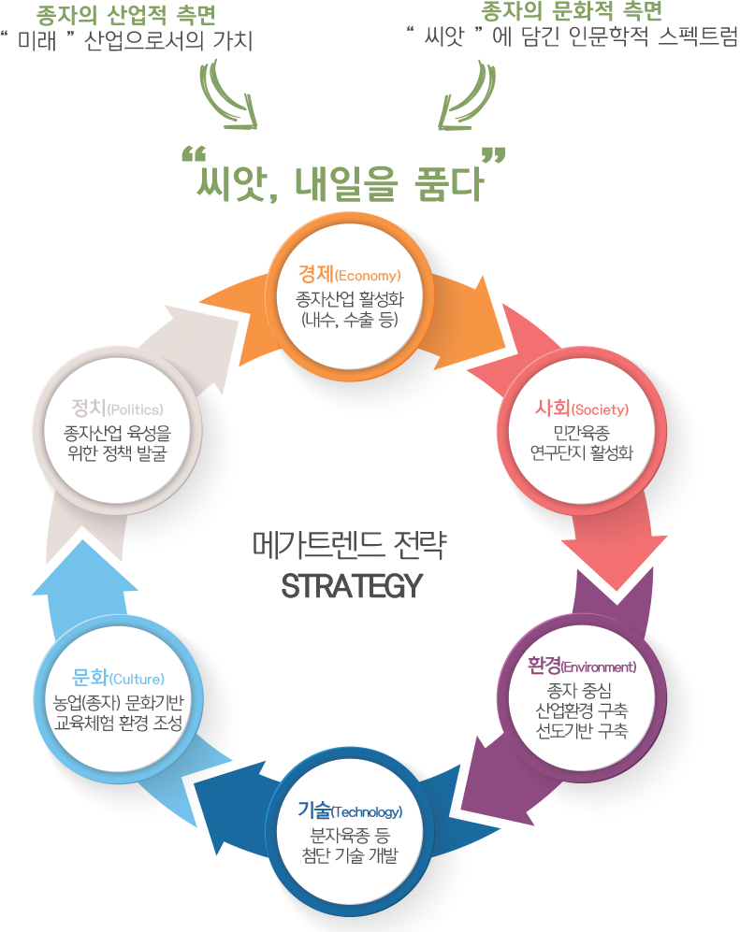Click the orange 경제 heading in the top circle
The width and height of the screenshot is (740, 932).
[x=316, y=274]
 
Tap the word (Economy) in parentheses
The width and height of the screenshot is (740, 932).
[x=368, y=276]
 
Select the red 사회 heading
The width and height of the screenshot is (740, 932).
[x=552, y=408]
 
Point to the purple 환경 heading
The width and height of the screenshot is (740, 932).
[x=544, y=666]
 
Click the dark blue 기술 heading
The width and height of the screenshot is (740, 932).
[x=314, y=810]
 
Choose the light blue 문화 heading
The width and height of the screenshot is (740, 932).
[x=90, y=677]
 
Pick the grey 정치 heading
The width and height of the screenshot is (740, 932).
[x=89, y=408]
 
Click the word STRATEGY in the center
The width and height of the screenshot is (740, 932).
[x=352, y=585]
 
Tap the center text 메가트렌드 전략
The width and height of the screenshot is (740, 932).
[x=350, y=544]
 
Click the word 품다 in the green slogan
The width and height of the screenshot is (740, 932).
[x=449, y=182]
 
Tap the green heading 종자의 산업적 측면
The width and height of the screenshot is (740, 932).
[x=125, y=15]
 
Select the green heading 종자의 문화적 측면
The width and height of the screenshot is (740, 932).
[x=571, y=11]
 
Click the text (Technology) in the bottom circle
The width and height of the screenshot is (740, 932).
[x=367, y=812]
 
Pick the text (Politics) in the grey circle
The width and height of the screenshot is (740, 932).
[x=135, y=409]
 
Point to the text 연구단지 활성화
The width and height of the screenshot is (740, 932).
[x=582, y=453]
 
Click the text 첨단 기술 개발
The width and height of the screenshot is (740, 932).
[x=350, y=855]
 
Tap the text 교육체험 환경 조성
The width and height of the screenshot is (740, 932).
[x=119, y=723]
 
